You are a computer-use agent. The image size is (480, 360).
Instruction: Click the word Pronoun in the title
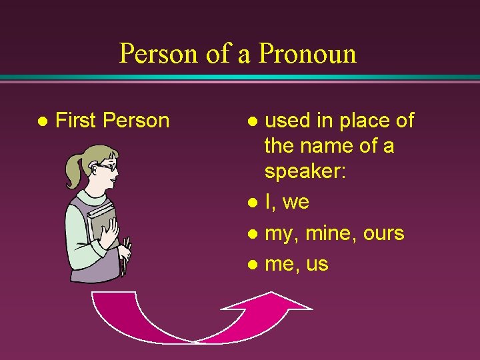[307, 53]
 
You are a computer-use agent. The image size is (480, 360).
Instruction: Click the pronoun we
[296, 202]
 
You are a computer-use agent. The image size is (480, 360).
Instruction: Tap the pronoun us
[317, 265]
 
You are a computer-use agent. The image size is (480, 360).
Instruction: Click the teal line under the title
[240, 77]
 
